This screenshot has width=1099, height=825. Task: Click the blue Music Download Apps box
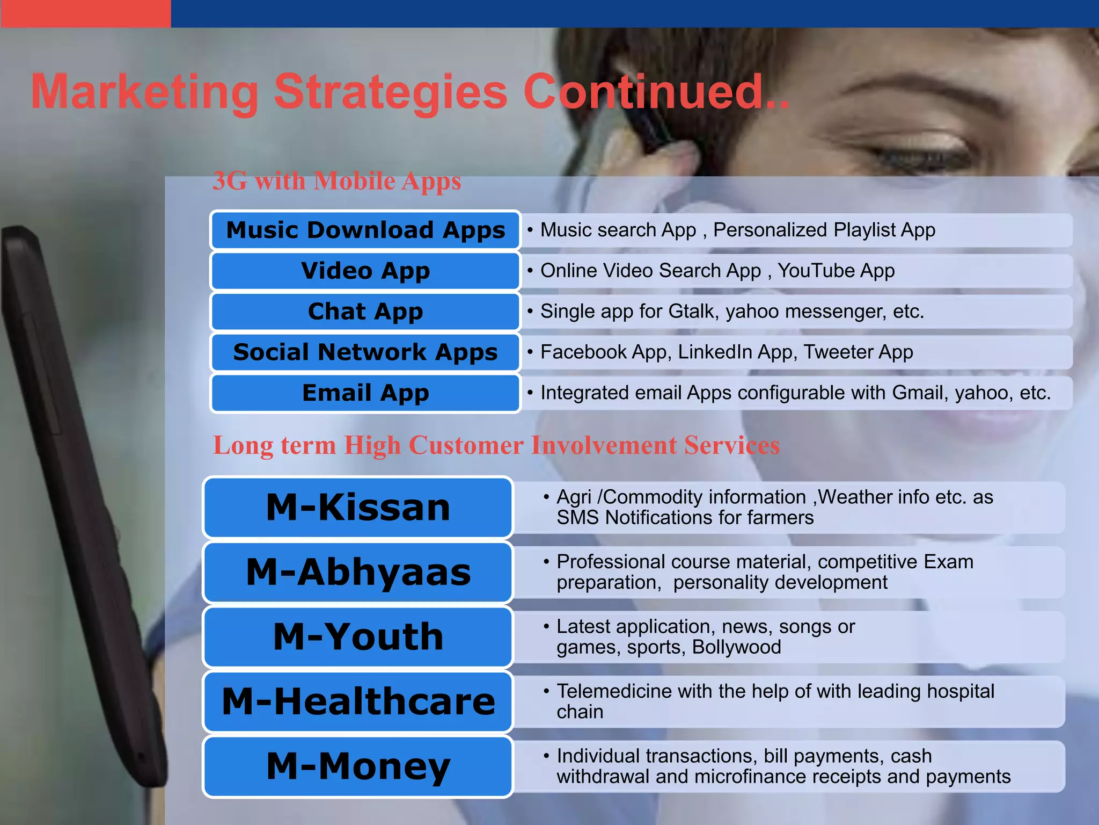pos(365,230)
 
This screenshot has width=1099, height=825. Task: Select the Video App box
pos(365,271)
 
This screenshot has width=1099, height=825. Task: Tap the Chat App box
pos(365,312)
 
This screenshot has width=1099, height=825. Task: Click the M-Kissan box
pos(358,508)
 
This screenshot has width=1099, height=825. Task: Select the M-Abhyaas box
pos(358,573)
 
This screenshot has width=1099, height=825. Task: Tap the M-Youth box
pos(358,637)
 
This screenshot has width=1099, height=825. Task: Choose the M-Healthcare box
pos(358,702)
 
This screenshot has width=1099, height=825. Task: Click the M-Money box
pos(358,766)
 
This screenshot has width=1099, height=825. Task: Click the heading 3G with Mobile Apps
pos(336,181)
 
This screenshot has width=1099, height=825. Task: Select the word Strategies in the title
pos(391,92)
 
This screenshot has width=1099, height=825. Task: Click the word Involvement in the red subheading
pos(604,445)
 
